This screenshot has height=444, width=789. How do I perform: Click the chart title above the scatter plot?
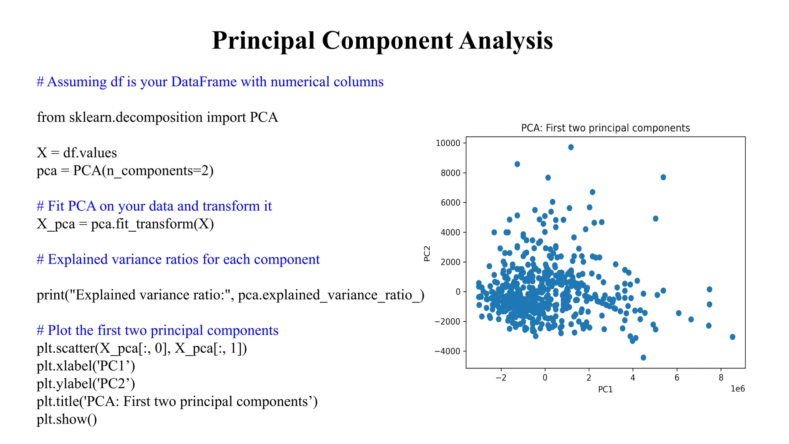click(x=605, y=128)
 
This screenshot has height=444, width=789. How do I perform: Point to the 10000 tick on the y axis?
click(x=448, y=143)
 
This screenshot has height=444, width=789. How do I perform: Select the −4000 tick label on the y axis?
click(x=447, y=351)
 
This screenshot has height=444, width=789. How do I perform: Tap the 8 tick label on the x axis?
click(x=721, y=378)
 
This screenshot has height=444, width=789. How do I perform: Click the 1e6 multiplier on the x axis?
click(x=737, y=389)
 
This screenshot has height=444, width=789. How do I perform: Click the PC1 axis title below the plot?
click(x=605, y=390)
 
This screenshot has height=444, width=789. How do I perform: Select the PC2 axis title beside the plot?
click(x=427, y=254)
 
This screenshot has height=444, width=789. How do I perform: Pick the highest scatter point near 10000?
click(x=571, y=147)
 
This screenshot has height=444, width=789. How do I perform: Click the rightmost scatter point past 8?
click(x=732, y=337)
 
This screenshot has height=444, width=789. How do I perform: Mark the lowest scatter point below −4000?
click(x=643, y=358)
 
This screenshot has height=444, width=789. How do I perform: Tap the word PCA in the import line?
click(x=264, y=118)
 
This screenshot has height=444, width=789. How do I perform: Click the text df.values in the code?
click(x=90, y=153)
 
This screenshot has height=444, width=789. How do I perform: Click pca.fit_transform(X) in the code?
click(x=152, y=224)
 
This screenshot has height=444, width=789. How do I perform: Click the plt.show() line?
click(x=67, y=419)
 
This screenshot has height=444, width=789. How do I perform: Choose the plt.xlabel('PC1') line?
click(x=86, y=366)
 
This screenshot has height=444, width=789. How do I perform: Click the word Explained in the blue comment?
click(x=77, y=260)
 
